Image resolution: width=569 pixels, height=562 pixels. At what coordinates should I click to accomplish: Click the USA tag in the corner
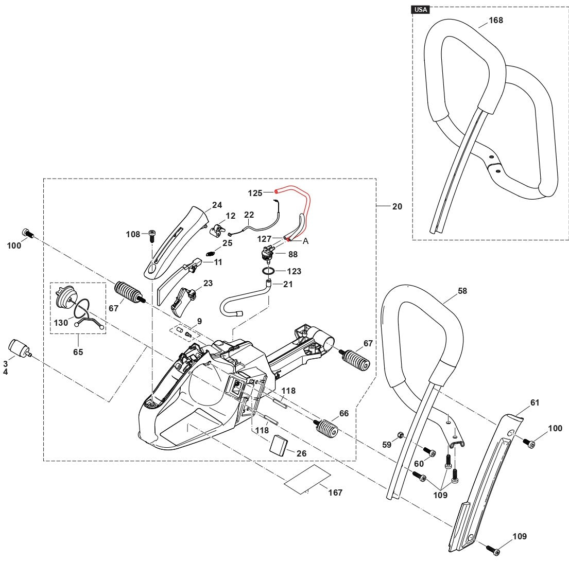click(x=421, y=9)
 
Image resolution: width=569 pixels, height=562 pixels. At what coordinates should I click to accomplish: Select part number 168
click(x=496, y=21)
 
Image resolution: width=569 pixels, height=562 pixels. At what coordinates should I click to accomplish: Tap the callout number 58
click(x=462, y=291)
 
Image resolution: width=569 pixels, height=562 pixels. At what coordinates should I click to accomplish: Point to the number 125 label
click(x=255, y=193)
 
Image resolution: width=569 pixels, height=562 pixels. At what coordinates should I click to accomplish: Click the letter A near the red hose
click(x=305, y=241)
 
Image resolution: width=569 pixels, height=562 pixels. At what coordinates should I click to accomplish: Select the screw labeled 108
click(x=152, y=236)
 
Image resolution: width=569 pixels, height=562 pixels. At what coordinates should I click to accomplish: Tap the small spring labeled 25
click(x=210, y=253)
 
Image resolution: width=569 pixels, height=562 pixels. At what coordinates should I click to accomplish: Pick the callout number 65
click(x=78, y=352)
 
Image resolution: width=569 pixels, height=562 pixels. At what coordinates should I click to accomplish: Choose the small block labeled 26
click(x=279, y=444)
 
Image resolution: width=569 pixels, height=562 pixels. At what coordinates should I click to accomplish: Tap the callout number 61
click(x=535, y=402)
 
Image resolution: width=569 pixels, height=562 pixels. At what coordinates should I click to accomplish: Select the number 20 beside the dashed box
click(x=397, y=206)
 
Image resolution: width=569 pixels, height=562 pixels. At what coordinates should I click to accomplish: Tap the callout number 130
click(x=61, y=323)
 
